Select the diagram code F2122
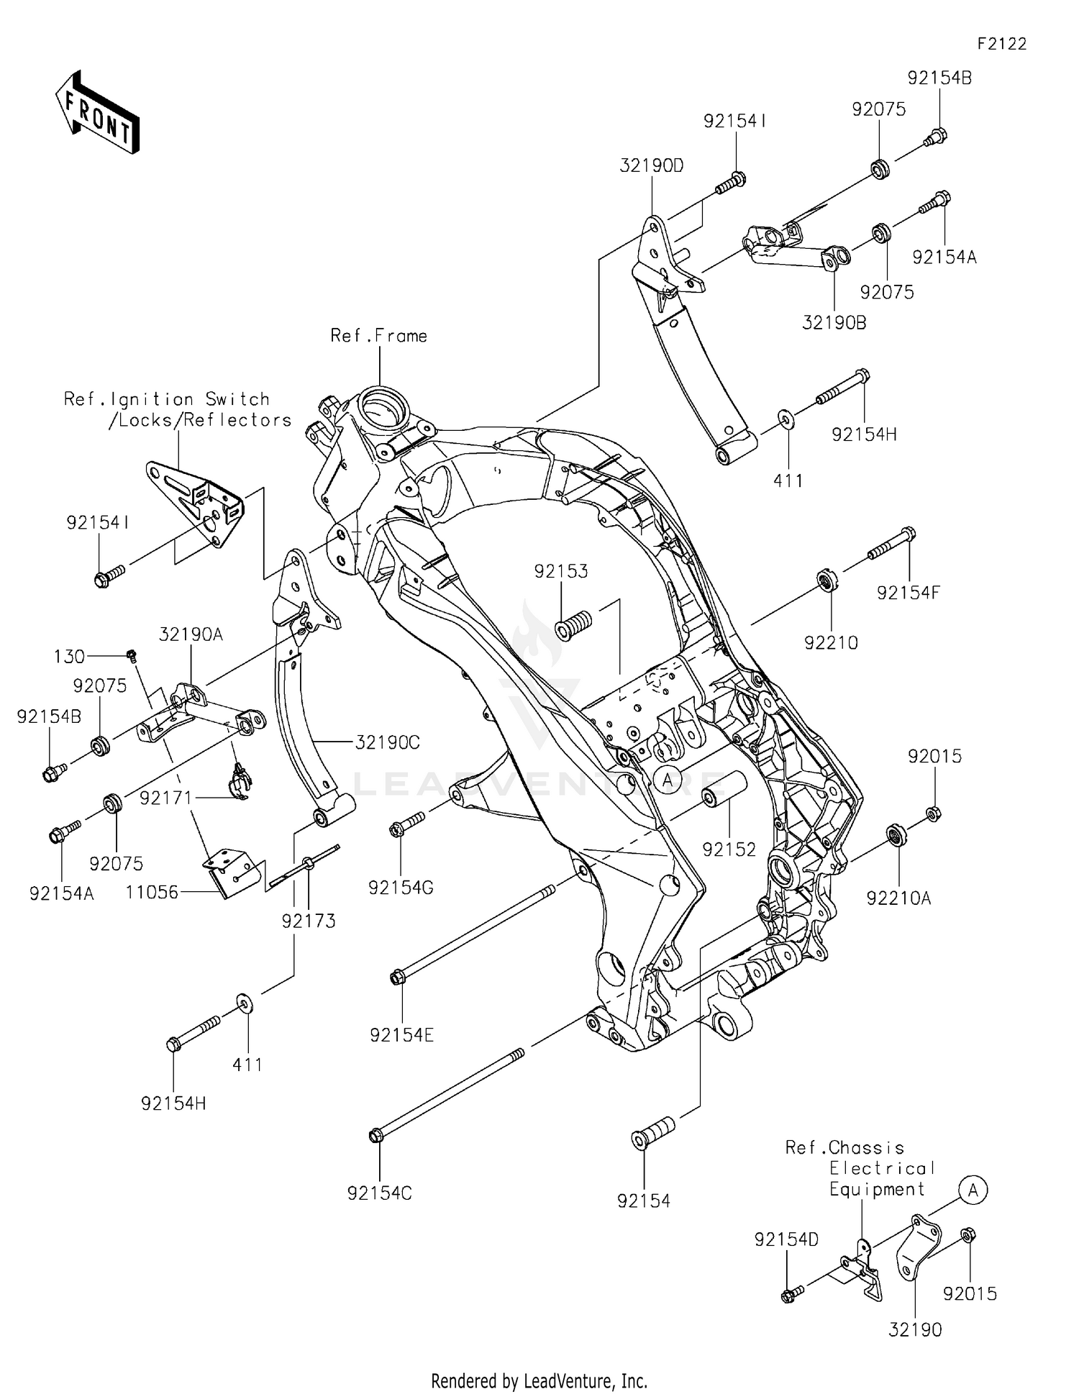click(x=1001, y=44)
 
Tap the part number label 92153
click(x=560, y=571)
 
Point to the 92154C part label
click(x=379, y=1193)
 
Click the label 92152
click(x=729, y=849)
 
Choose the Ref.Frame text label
click(x=378, y=336)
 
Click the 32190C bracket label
click(x=387, y=742)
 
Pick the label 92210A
click(x=898, y=898)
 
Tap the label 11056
click(x=152, y=893)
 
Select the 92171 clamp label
click(x=165, y=798)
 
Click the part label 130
click(x=69, y=656)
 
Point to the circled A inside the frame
click(x=668, y=779)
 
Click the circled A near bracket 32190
click(x=973, y=1190)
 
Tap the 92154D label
click(x=786, y=1239)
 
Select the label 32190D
click(x=651, y=165)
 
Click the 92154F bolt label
click(x=908, y=593)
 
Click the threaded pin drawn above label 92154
click(x=652, y=1134)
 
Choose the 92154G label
click(x=401, y=888)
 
